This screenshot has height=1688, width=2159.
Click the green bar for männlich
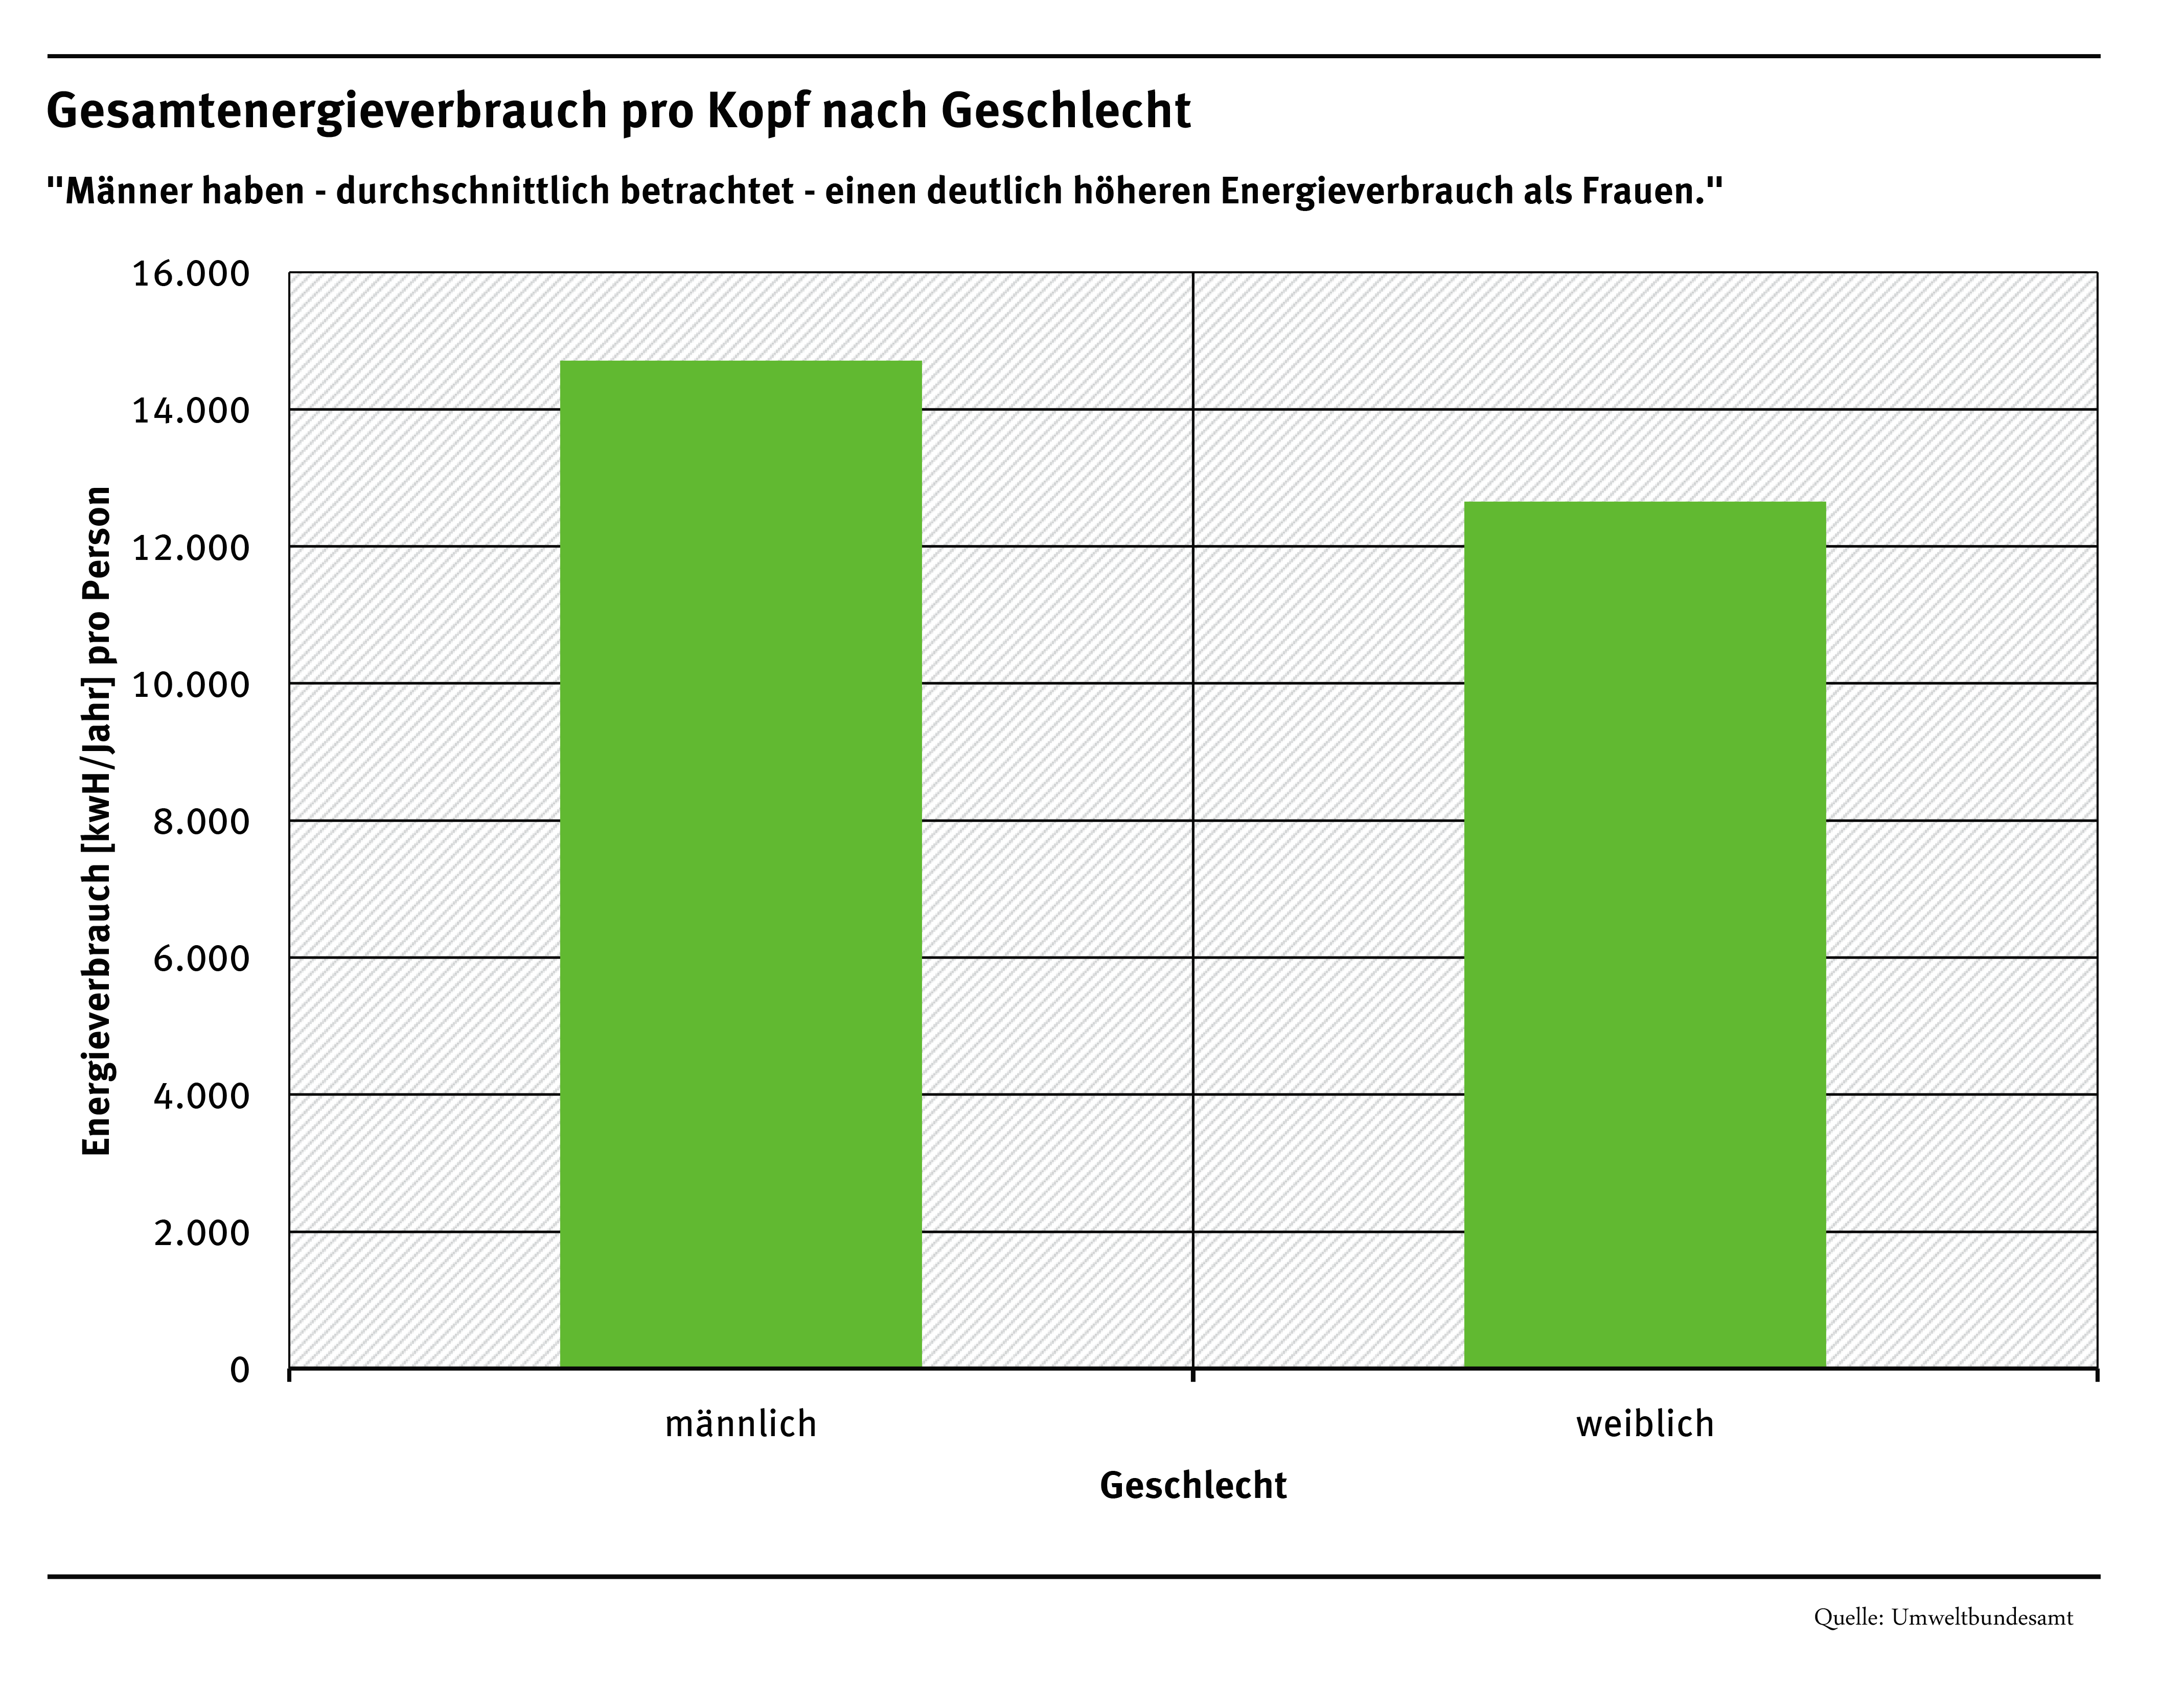pyautogui.click(x=741, y=865)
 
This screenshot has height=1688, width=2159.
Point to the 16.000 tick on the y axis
pyautogui.click(x=191, y=274)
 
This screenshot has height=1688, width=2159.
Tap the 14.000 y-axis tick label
pyautogui.click(x=191, y=411)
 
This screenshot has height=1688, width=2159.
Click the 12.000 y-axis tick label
pyautogui.click(x=191, y=548)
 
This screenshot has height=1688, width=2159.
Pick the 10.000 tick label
pyautogui.click(x=191, y=684)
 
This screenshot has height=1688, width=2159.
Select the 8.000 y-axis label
pyautogui.click(x=201, y=822)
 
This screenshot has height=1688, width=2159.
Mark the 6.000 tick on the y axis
pyautogui.click(x=201, y=958)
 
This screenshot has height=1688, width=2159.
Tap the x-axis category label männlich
pyautogui.click(x=741, y=1424)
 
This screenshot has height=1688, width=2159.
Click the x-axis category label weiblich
pyautogui.click(x=1644, y=1424)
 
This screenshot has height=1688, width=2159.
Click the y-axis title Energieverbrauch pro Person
pyautogui.click(x=97, y=820)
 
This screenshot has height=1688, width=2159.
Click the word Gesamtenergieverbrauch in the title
pyautogui.click(x=326, y=111)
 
